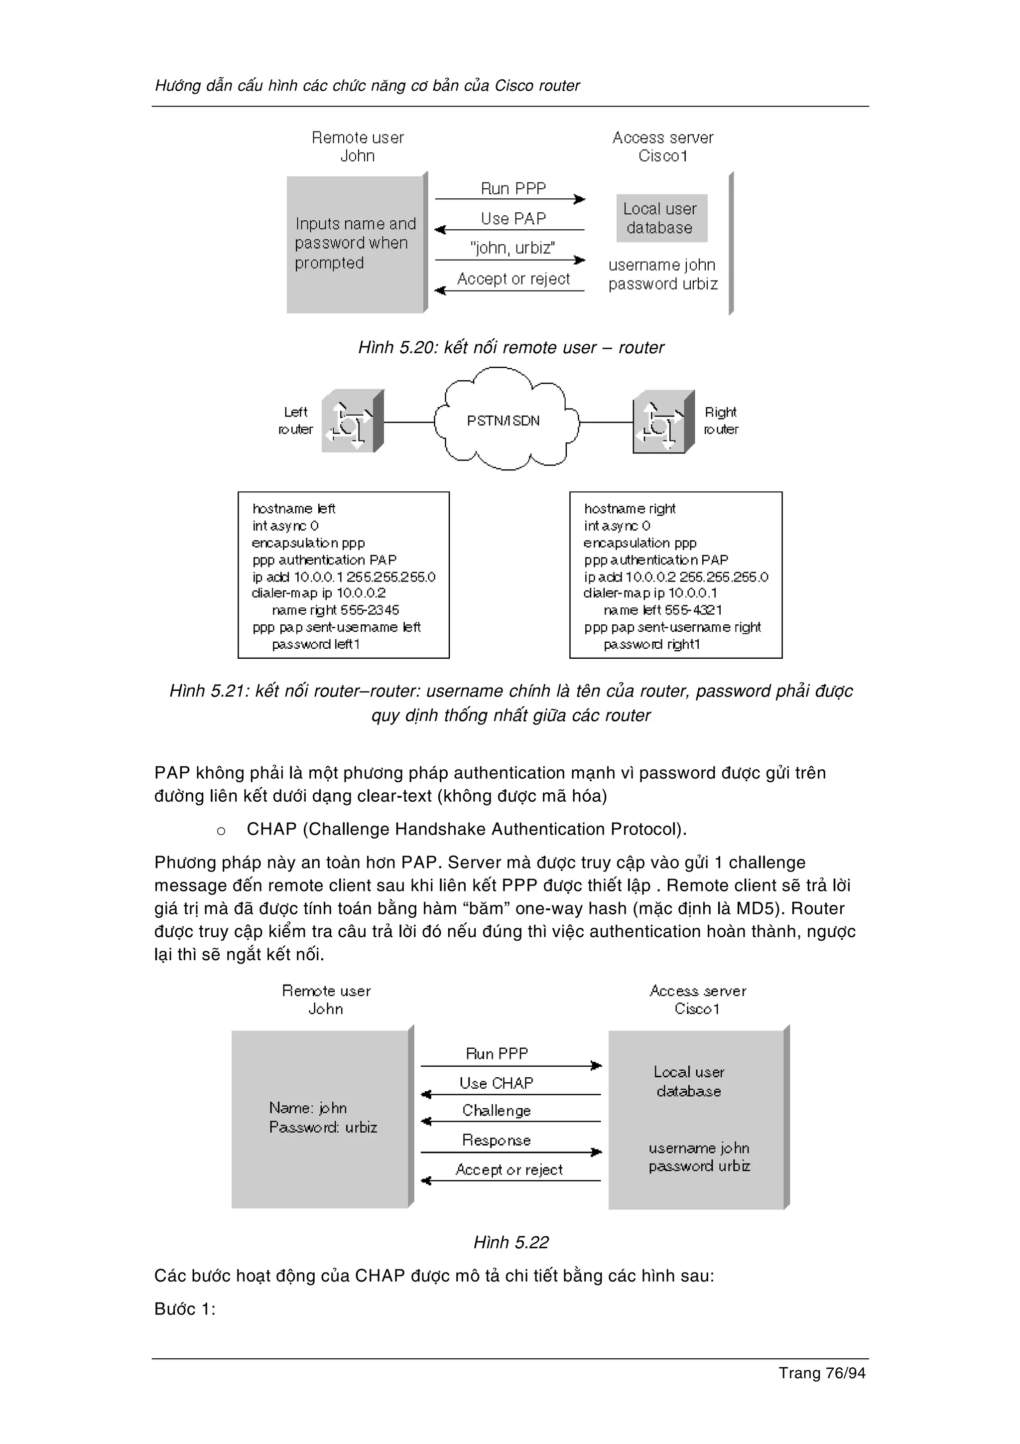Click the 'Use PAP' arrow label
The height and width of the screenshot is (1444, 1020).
tap(513, 218)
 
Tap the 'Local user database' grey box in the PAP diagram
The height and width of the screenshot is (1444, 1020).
tap(661, 218)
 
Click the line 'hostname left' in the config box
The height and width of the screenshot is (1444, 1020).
tap(293, 508)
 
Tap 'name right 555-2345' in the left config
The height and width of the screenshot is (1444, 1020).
tap(335, 610)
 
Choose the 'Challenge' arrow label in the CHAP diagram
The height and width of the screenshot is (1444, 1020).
tap(497, 1111)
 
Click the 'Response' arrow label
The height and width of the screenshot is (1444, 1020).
tap(497, 1140)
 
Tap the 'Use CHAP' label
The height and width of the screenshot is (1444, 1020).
tap(496, 1083)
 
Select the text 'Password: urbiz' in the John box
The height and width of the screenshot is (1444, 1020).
tap(323, 1128)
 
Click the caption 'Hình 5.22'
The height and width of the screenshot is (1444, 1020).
tap(511, 1243)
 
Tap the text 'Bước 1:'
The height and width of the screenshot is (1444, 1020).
tap(185, 1309)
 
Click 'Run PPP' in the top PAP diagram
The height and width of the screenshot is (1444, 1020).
tap(513, 189)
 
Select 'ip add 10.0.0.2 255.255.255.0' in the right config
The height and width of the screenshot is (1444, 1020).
tap(676, 577)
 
